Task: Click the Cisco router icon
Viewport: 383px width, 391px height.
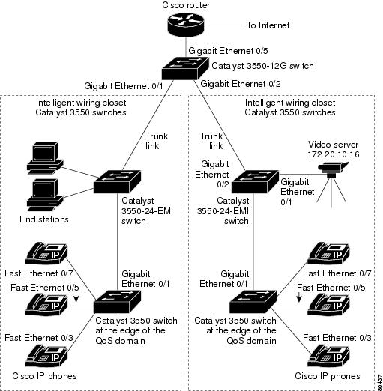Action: click(186, 25)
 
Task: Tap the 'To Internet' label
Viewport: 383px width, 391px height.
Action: click(268, 25)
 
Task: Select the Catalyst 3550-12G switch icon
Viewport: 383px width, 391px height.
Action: click(185, 68)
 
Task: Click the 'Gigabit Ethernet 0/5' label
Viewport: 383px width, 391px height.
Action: click(228, 51)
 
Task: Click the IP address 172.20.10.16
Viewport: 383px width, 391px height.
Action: click(334, 154)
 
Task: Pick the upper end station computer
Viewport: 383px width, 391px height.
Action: click(45, 158)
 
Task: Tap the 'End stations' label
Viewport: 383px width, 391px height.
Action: click(44, 219)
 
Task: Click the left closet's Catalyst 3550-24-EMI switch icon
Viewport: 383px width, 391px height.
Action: click(117, 181)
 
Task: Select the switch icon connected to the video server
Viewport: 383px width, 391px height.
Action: click(255, 181)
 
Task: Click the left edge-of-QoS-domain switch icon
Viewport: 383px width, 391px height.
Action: click(117, 302)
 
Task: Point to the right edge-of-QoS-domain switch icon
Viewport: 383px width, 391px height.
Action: click(253, 302)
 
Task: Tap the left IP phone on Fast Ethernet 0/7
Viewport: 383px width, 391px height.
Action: click(46, 253)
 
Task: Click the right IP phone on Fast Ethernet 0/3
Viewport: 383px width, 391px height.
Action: click(328, 357)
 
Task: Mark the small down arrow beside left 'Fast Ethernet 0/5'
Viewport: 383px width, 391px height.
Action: click(76, 297)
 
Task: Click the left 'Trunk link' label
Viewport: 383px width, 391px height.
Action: click(157, 141)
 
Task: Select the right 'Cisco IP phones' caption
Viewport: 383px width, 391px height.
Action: click(328, 376)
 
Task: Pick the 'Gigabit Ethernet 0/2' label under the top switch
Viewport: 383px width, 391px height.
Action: click(241, 84)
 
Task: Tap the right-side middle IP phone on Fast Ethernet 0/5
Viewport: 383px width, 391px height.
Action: click(328, 305)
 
